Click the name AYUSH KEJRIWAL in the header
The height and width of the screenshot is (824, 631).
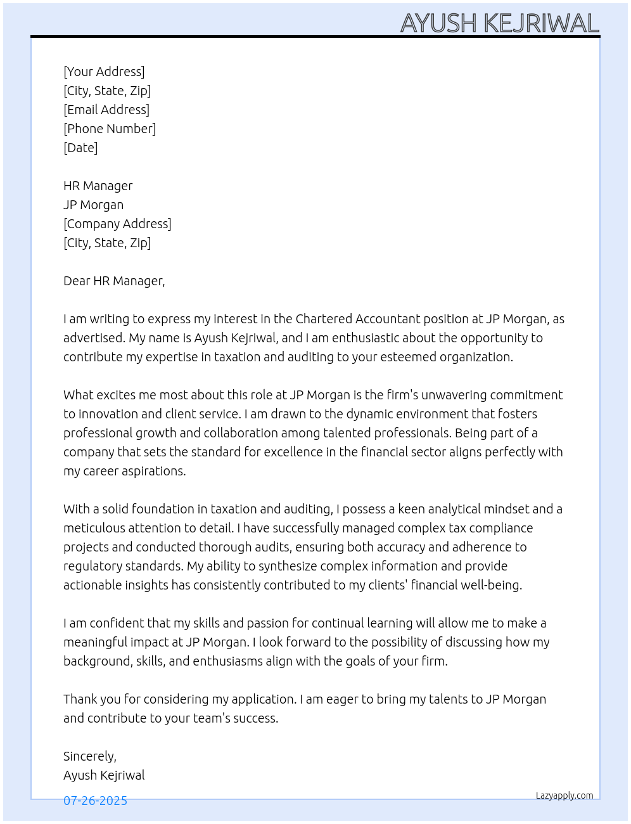pyautogui.click(x=499, y=23)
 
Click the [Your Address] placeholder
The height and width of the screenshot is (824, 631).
pyautogui.click(x=104, y=72)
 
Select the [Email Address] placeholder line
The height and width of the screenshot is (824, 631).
pyautogui.click(x=106, y=110)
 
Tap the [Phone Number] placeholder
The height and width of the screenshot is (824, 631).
pyautogui.click(x=110, y=129)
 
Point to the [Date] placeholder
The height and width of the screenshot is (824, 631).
pyautogui.click(x=80, y=148)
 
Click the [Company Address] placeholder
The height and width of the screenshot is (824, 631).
pyautogui.click(x=117, y=224)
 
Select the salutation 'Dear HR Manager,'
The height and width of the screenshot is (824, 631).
pyautogui.click(x=114, y=281)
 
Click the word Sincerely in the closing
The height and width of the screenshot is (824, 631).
pyautogui.click(x=89, y=756)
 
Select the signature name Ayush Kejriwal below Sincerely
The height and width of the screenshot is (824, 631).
pyautogui.click(x=104, y=775)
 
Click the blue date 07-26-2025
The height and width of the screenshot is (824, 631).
pyautogui.click(x=95, y=801)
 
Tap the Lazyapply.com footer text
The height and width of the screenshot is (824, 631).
pyautogui.click(x=564, y=795)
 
